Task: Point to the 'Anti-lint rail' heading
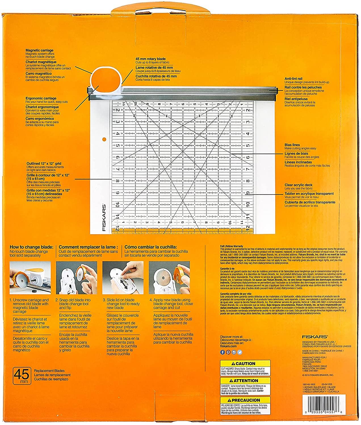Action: (295, 78)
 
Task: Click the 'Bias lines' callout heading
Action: (292, 145)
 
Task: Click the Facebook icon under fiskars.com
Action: (223, 352)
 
